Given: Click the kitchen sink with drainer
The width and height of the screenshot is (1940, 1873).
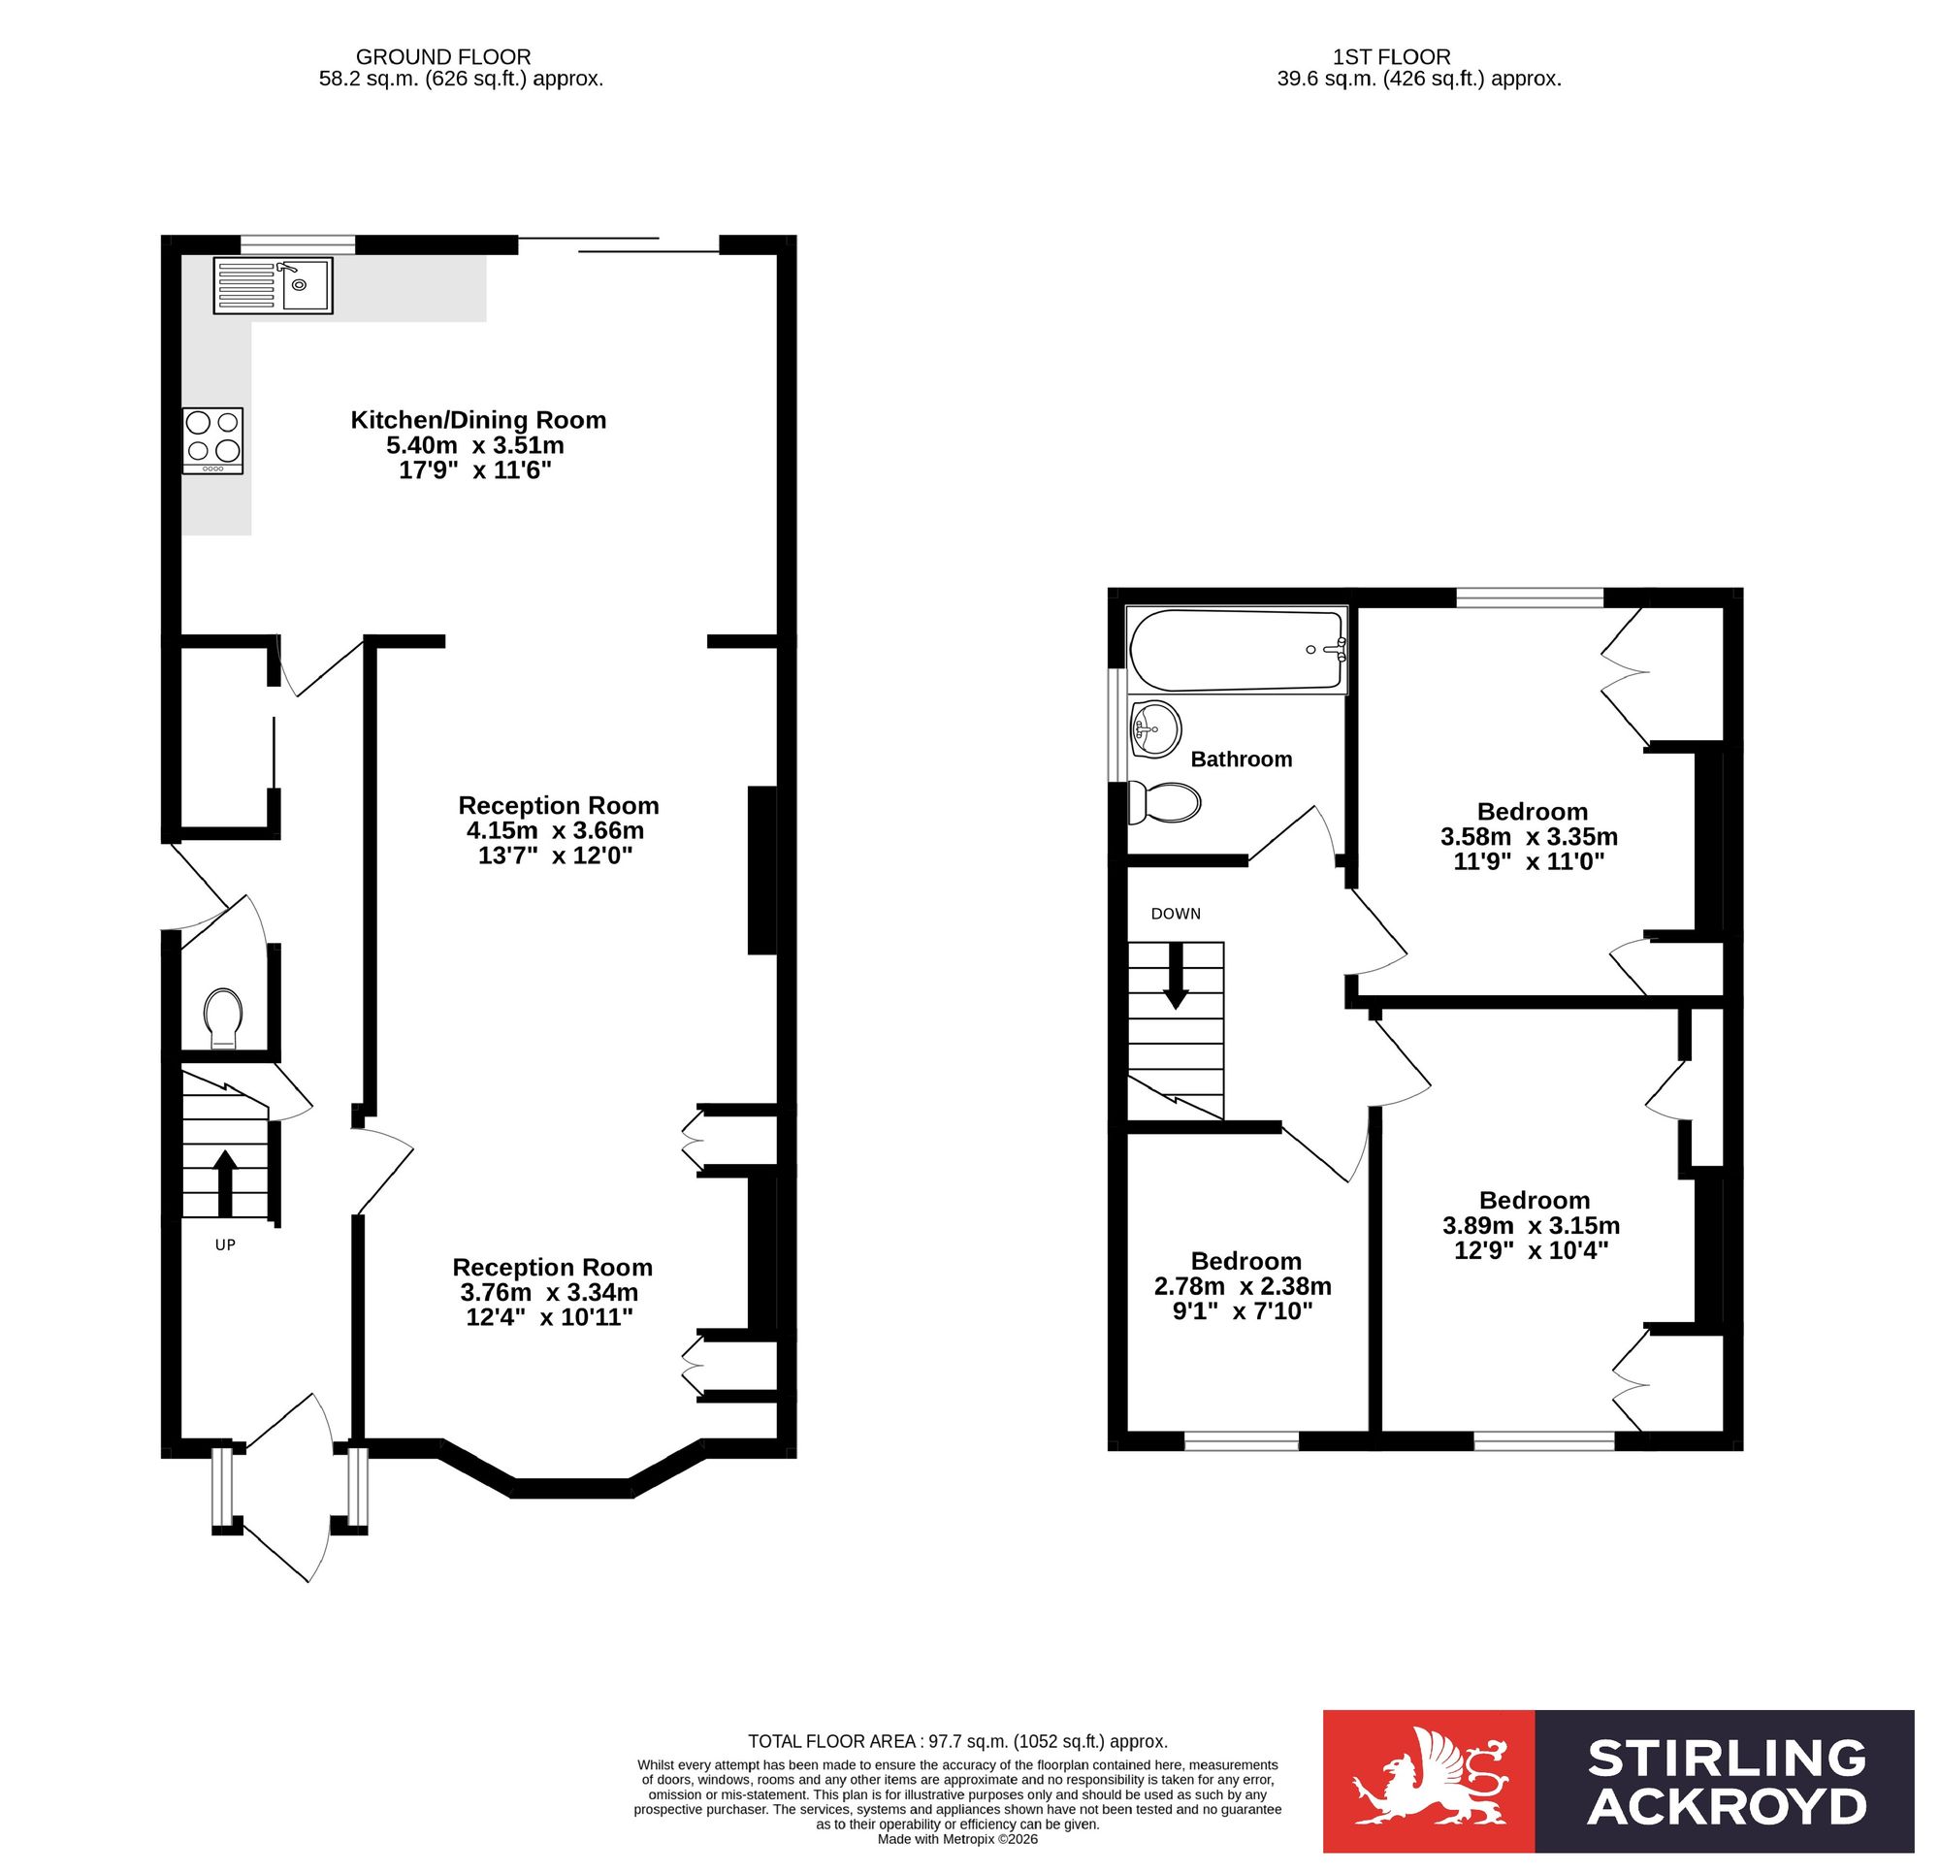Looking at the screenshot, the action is click(274, 286).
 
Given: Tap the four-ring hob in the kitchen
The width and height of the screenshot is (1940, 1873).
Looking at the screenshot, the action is click(212, 441).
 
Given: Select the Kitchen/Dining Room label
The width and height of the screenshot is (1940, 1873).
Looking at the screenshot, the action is click(478, 420).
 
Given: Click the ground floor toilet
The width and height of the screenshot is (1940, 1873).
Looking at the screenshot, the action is click(224, 1017).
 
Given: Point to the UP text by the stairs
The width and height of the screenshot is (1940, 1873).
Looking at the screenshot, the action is click(226, 1245).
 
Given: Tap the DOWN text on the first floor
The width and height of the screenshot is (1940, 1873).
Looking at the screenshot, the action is click(1176, 914).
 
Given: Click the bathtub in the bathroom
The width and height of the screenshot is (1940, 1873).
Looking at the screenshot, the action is click(1239, 651).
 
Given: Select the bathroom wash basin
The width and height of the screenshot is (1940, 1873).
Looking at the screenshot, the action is click(1155, 729).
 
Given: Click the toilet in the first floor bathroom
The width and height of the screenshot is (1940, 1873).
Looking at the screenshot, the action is click(1165, 803).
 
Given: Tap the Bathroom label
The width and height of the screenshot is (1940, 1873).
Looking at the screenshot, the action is click(1242, 759).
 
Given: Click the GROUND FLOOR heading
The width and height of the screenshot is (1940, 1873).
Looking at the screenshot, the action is click(443, 57).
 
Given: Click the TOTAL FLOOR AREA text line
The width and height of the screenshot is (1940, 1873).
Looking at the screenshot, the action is click(958, 1741).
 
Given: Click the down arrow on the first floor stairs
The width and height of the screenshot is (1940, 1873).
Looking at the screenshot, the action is click(1175, 975).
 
